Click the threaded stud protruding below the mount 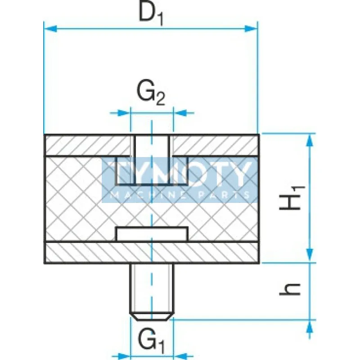click(x=151, y=288)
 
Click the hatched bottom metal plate click(x=90, y=253)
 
